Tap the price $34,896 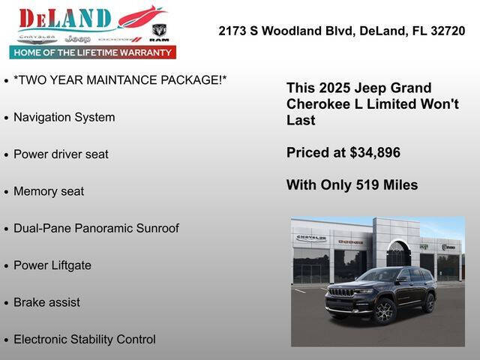click(375, 153)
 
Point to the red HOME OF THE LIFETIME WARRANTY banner click(93, 52)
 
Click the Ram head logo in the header click(159, 30)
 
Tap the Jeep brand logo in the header click(77, 38)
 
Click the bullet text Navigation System click(64, 117)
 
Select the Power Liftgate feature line click(52, 265)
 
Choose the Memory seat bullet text click(49, 191)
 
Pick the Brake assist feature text click(46, 302)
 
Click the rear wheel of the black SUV click(428, 302)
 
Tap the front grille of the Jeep click(341, 292)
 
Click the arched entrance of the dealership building click(398, 253)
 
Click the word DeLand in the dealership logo click(65, 18)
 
